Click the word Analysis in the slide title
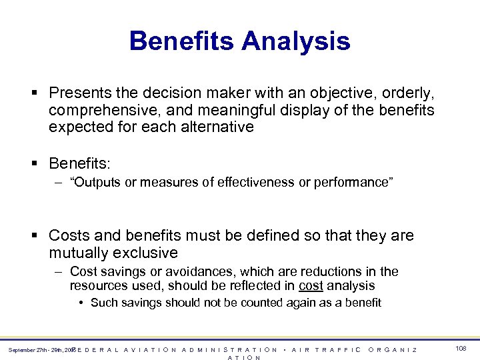pyautogui.click(x=295, y=41)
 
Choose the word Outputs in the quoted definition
pyautogui.click(x=95, y=183)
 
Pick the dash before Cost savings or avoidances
pyautogui.click(x=59, y=271)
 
